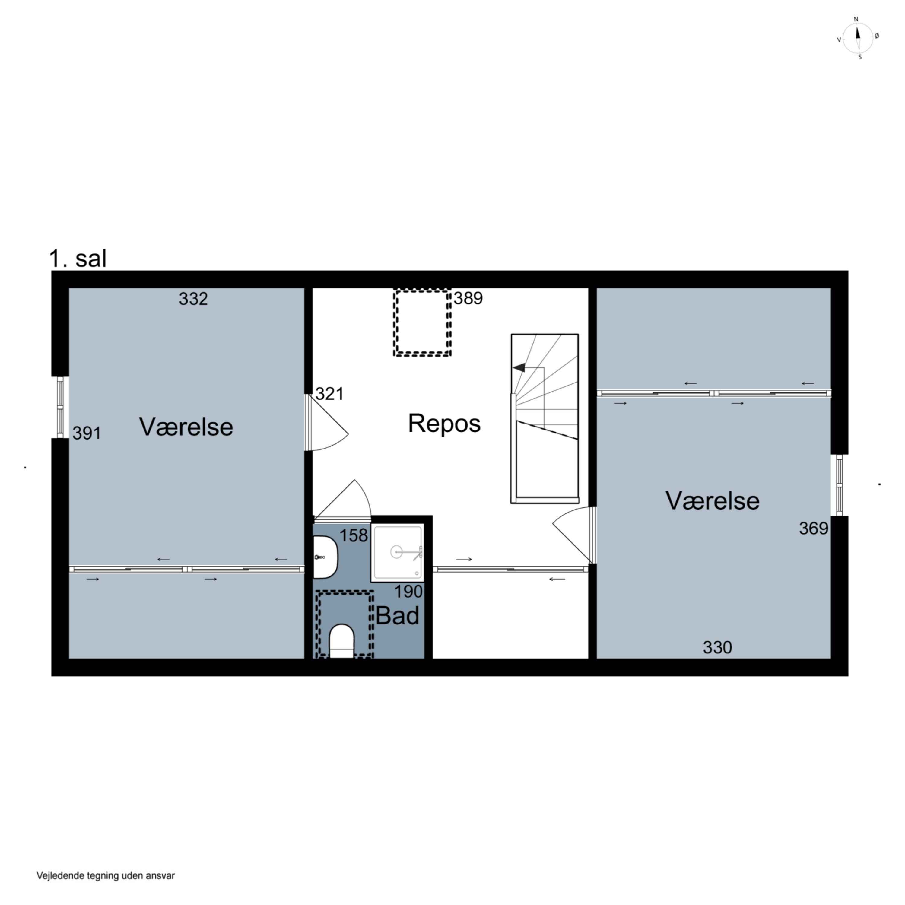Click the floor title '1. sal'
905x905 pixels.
pos(78,258)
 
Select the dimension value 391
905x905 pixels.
pos(87,433)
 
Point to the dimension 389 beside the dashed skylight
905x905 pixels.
pos(468,298)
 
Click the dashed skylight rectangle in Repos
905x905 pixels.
pos(422,323)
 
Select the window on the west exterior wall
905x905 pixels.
pos(60,407)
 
